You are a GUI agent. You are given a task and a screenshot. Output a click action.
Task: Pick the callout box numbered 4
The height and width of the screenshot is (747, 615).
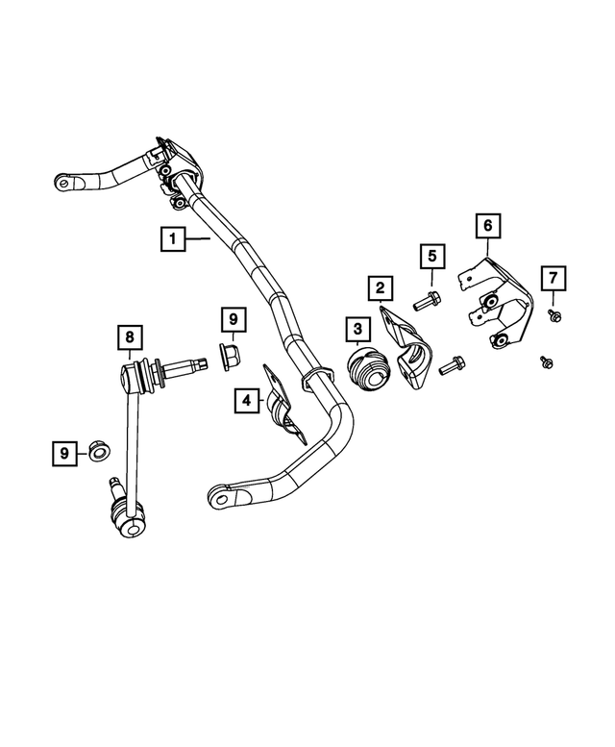coord(246,398)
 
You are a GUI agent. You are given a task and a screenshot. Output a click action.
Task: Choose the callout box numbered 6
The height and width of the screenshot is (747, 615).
coord(487,226)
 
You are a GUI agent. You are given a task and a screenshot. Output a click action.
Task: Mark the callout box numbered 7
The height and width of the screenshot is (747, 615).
coord(553,279)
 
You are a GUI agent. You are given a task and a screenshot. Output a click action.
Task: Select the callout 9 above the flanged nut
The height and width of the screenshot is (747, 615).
coord(233,317)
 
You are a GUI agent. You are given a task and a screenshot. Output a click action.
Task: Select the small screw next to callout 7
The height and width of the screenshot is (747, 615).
coord(555,314)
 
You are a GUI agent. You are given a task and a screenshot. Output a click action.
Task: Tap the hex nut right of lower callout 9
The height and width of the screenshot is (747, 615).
coord(99,450)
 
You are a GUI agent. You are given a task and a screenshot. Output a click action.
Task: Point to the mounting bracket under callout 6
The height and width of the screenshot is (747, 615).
coord(499,303)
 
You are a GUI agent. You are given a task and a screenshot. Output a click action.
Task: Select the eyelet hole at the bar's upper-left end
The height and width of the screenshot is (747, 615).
coord(62,179)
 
